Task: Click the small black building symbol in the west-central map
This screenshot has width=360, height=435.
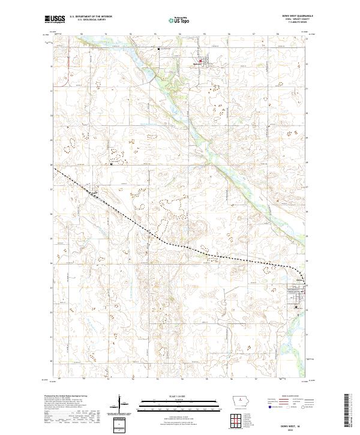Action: tap(111, 162)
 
